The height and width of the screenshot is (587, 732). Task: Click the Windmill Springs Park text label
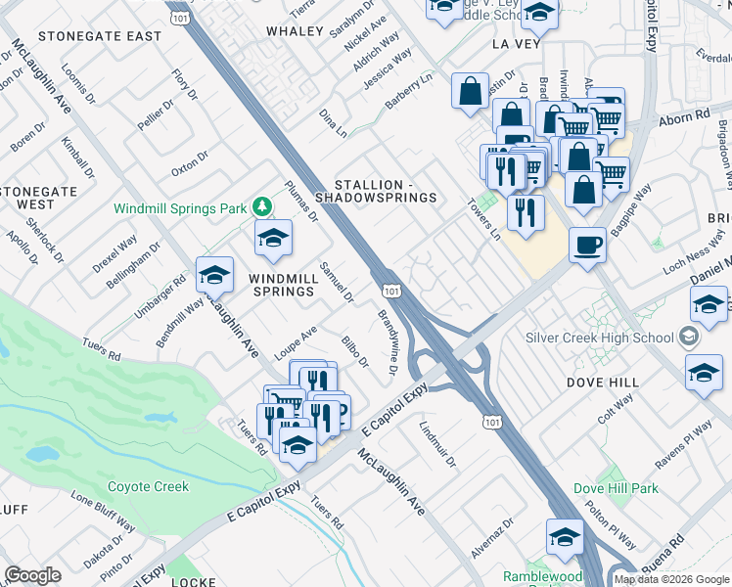click(x=180, y=208)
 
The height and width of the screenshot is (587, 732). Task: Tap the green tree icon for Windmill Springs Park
click(x=261, y=206)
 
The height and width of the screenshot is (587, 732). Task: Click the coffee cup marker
click(x=586, y=245)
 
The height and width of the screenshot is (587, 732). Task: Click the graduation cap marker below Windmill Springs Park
click(x=273, y=238)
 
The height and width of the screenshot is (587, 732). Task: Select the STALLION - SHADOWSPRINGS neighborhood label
click(x=385, y=191)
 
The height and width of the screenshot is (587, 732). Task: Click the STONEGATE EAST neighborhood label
click(x=99, y=36)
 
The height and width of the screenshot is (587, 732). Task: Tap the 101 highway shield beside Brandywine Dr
click(x=391, y=292)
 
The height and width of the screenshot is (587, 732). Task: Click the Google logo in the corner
click(x=33, y=575)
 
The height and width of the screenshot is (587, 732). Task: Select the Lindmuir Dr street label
click(x=437, y=444)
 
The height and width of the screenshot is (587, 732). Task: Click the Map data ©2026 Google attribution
click(x=671, y=579)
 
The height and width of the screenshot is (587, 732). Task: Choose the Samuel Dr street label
click(x=336, y=283)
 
